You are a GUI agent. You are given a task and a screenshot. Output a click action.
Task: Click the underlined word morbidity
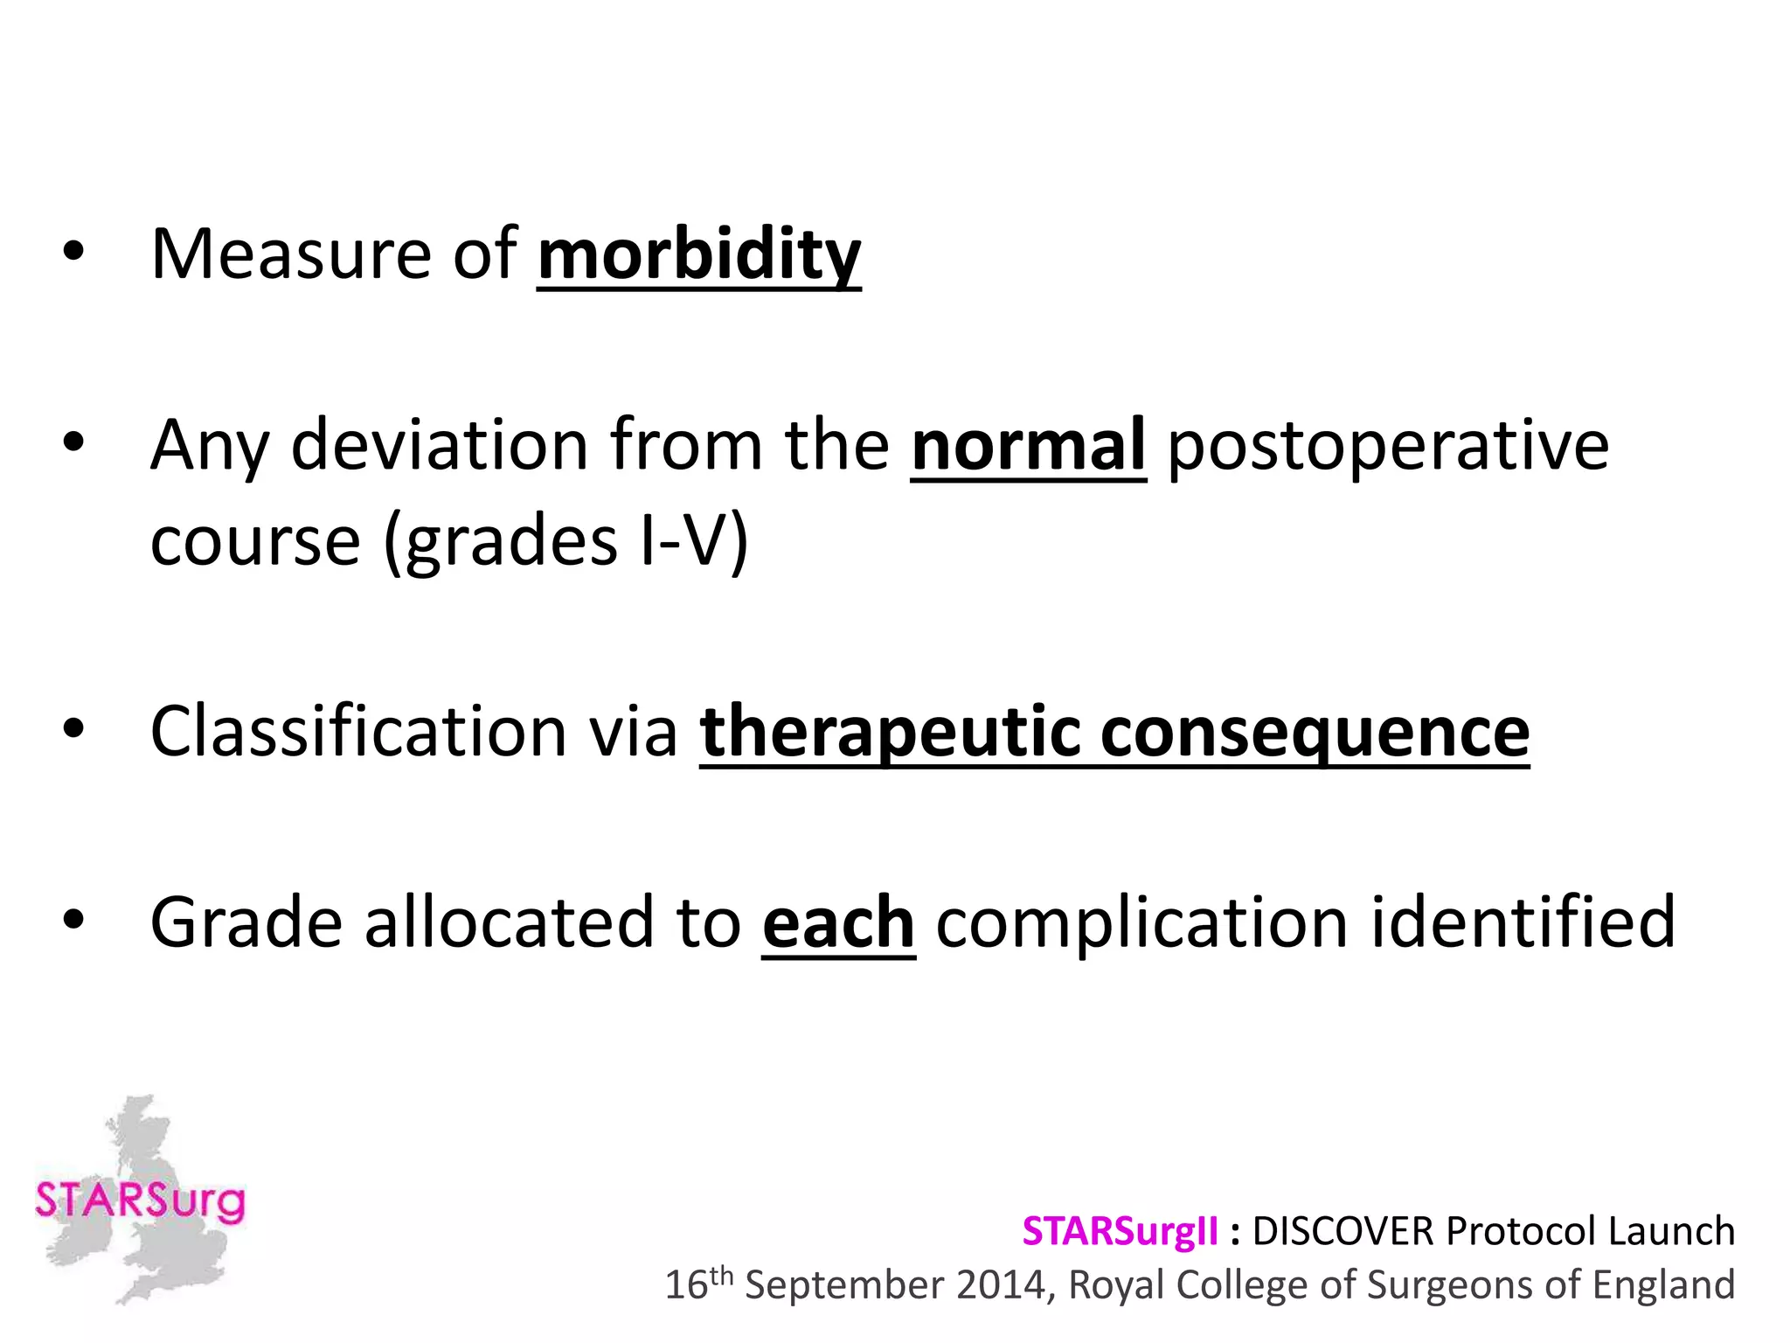pyautogui.click(x=698, y=254)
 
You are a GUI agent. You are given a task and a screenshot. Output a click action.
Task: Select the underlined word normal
pyautogui.click(x=1028, y=445)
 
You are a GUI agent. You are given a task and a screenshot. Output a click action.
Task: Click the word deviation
pyautogui.click(x=440, y=445)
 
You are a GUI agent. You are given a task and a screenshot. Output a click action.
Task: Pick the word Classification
pyautogui.click(x=358, y=731)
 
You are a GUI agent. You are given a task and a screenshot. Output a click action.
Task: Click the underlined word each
pyautogui.click(x=838, y=922)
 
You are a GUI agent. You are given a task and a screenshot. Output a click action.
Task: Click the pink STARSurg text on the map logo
pyautogui.click(x=140, y=1201)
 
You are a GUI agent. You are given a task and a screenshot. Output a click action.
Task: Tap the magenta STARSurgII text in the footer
pyautogui.click(x=1120, y=1231)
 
